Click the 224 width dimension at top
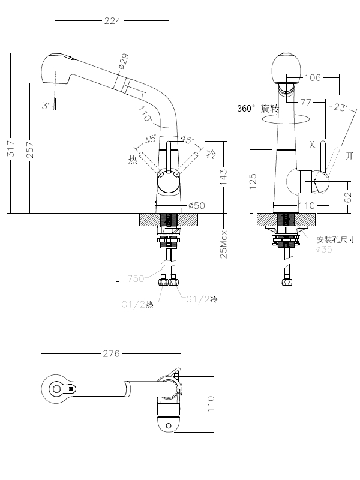(113, 21)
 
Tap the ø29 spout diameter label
(124, 61)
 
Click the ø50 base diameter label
(196, 205)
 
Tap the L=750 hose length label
(130, 278)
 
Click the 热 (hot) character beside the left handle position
(132, 159)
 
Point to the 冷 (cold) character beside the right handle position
(211, 154)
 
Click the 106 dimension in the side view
(313, 77)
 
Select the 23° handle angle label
(340, 108)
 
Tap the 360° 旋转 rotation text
(258, 109)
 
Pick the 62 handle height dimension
(349, 196)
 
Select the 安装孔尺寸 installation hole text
(336, 239)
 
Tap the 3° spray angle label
(46, 106)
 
